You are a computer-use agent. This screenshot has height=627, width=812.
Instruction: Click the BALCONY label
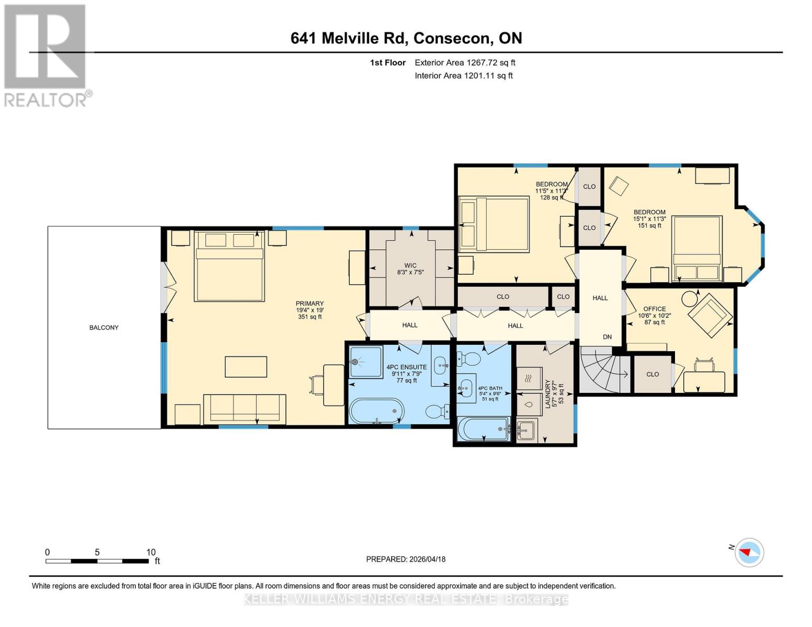[x=104, y=328]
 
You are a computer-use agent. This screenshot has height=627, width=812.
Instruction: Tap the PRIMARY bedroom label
[x=310, y=304]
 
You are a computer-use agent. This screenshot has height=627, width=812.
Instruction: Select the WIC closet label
[x=410, y=265]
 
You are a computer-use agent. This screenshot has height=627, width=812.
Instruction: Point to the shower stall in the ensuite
[x=366, y=362]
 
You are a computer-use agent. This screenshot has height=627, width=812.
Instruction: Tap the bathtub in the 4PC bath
[x=483, y=429]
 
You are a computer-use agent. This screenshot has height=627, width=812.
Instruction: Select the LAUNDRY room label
[x=547, y=393]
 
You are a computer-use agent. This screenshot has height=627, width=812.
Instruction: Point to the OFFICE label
[x=654, y=309]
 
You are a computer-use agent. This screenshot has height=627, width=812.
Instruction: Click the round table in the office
[x=690, y=298]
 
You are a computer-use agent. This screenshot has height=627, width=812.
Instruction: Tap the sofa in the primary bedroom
[x=245, y=409]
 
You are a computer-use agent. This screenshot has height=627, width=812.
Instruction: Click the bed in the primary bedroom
[x=229, y=266]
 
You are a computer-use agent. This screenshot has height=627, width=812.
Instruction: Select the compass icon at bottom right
[x=749, y=552]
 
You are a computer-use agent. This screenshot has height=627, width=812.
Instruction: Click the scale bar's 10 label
[x=151, y=552]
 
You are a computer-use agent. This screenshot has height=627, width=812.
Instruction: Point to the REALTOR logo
[x=46, y=55]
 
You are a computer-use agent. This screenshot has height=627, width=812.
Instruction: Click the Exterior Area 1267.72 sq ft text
[x=465, y=63]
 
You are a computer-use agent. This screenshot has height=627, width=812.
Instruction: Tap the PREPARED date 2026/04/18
[x=406, y=559]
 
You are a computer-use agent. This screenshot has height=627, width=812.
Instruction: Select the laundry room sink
[x=526, y=431]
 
